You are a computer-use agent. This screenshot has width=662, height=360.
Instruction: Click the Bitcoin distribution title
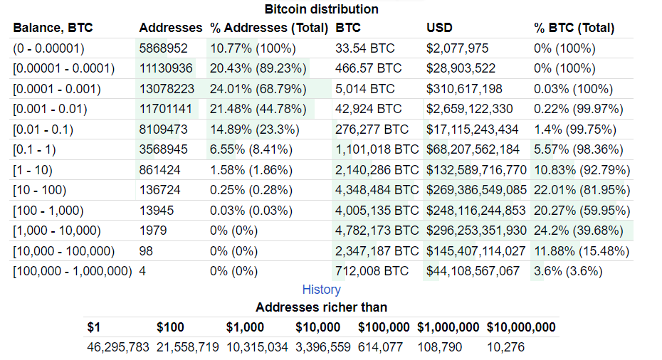[321, 9]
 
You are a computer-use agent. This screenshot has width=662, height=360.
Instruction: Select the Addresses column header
[171, 28]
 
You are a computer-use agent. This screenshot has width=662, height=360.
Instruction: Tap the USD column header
[439, 28]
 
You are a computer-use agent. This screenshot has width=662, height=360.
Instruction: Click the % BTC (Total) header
[574, 28]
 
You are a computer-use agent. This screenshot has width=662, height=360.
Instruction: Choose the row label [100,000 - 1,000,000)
[73, 271]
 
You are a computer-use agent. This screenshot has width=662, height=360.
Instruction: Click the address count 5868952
[164, 49]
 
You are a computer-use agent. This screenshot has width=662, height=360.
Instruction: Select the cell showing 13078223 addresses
[167, 90]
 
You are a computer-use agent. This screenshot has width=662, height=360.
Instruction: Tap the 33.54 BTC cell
[364, 49]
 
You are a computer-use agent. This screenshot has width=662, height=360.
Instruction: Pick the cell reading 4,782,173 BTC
[377, 231]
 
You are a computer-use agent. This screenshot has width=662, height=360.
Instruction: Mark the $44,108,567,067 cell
[473, 271]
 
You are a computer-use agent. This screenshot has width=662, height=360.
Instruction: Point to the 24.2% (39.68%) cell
[578, 231]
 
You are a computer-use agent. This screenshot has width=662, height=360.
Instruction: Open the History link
[322, 290]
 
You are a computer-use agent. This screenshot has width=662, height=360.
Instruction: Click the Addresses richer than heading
[322, 307]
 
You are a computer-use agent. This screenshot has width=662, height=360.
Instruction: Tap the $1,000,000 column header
[448, 327]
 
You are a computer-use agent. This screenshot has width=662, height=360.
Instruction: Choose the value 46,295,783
[118, 347]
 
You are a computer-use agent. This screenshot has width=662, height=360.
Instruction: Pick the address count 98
[146, 251]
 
